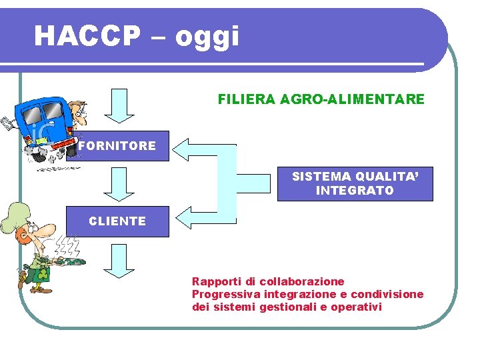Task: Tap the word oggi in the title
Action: click(207, 37)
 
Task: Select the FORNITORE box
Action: click(118, 146)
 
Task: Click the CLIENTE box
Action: click(118, 221)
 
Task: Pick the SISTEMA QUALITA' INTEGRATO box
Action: click(355, 183)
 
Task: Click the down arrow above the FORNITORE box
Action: click(119, 105)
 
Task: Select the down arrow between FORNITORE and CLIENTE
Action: click(119, 183)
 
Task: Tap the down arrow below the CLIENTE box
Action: click(119, 260)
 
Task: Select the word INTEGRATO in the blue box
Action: click(355, 191)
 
